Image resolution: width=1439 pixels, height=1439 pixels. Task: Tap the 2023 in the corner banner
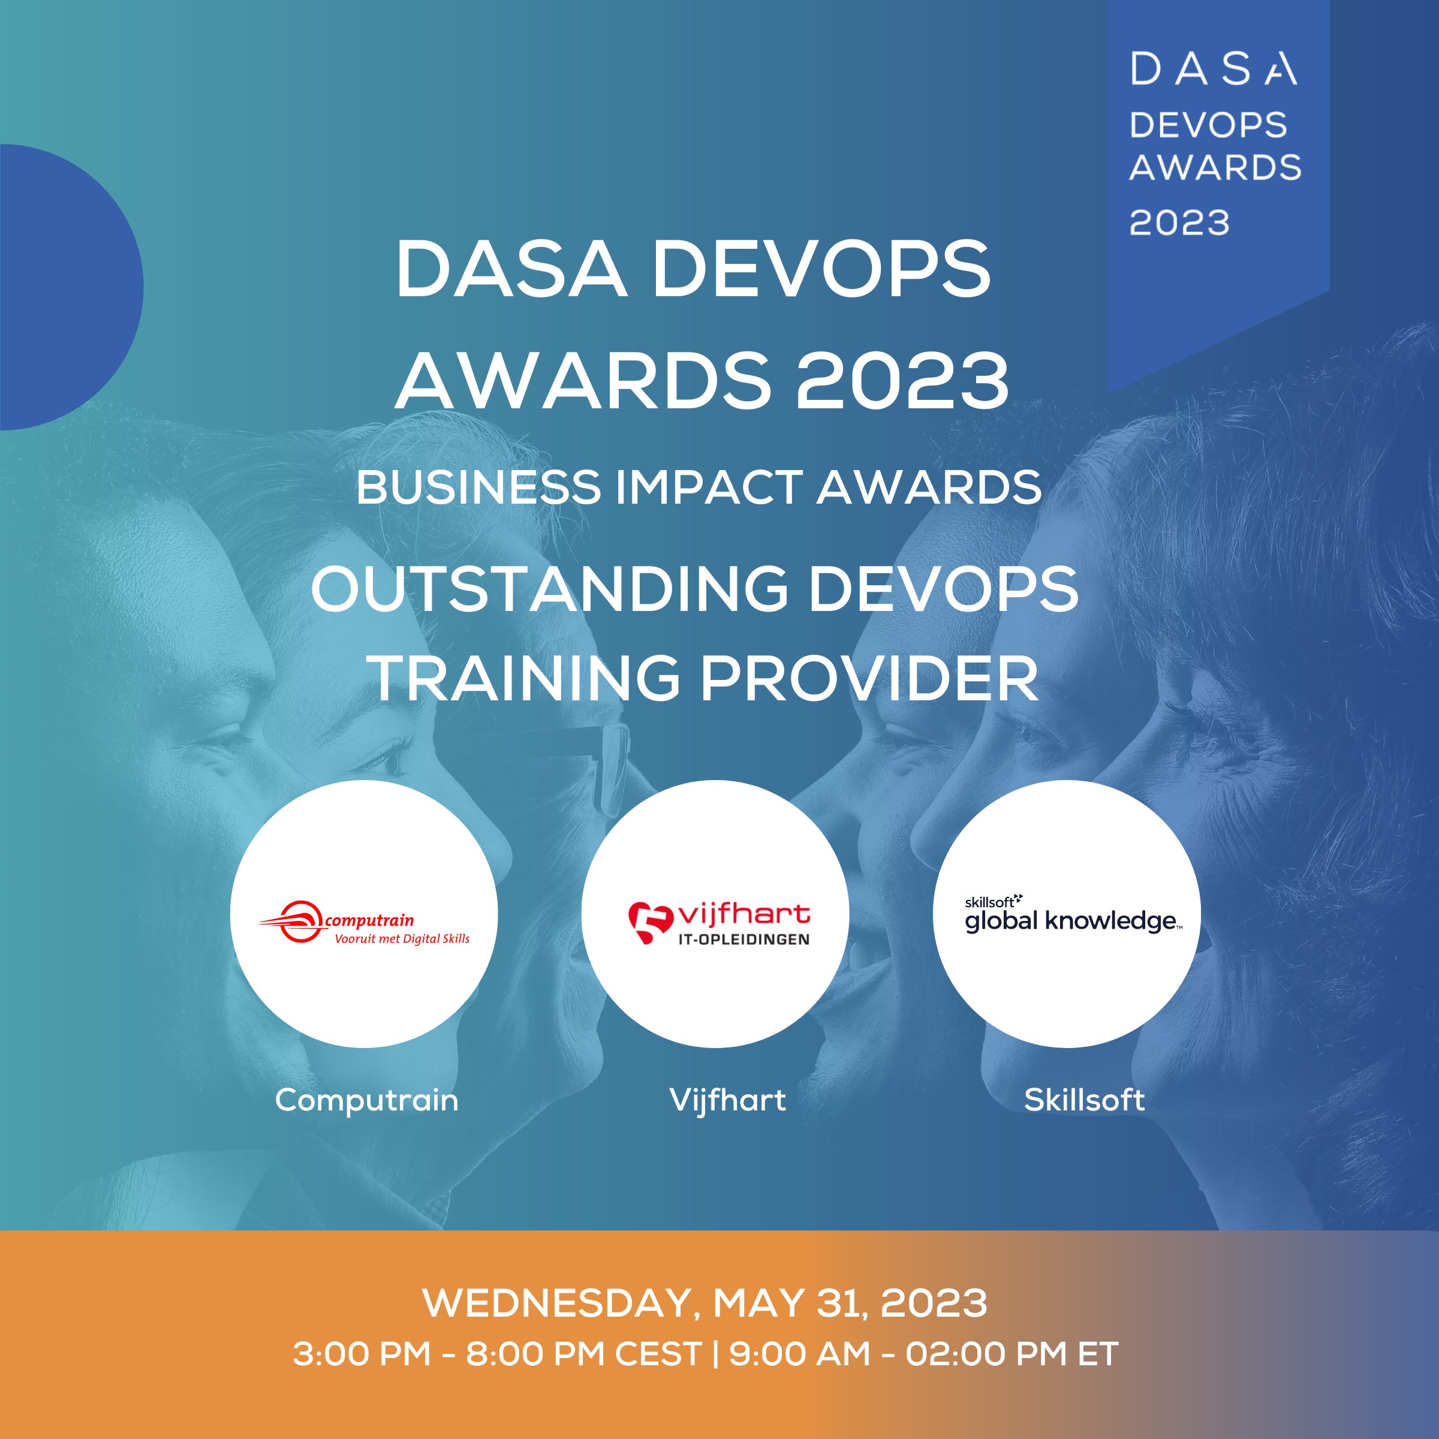click(1179, 222)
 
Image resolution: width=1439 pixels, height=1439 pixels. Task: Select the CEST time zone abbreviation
click(658, 1353)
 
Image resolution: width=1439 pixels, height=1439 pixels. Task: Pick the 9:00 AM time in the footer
click(799, 1353)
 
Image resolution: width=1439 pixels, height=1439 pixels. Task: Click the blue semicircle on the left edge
click(67, 287)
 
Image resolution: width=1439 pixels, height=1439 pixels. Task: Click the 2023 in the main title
click(902, 380)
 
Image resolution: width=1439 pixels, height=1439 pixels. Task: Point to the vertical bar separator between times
click(715, 1353)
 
